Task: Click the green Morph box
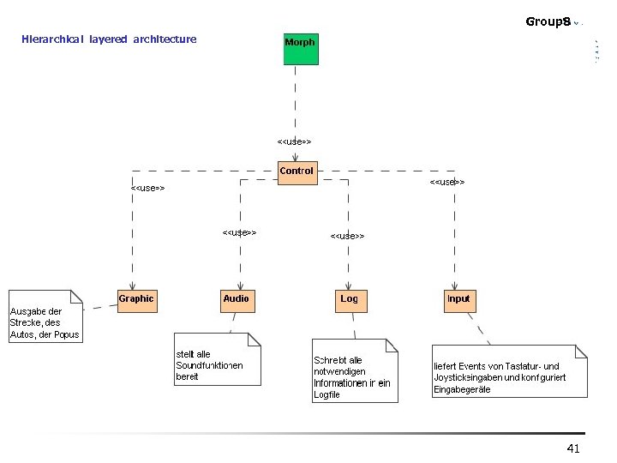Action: coord(300,49)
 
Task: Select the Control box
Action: coord(297,171)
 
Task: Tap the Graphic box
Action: coord(136,299)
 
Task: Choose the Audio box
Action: coord(237,299)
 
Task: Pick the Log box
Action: coord(349,299)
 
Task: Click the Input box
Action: coord(458,299)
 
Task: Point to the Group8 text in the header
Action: coord(548,21)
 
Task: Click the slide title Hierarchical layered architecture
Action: coord(109,39)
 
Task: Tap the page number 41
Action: coord(573,448)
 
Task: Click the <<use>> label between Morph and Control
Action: coord(294,141)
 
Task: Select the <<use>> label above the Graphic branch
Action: coord(147,188)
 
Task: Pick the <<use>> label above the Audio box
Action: coord(239,232)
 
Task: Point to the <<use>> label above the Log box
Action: coord(347,236)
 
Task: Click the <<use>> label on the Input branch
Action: coord(446,182)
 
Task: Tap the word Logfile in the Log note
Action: coord(326,395)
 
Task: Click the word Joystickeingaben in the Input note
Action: coord(467,377)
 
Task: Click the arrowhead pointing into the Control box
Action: coord(296,158)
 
